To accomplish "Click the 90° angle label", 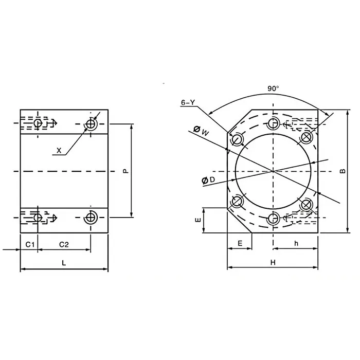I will pyautogui.click(x=273, y=88).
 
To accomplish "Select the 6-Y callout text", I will pyautogui.click(x=188, y=103).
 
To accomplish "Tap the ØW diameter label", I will pyautogui.click(x=202, y=131).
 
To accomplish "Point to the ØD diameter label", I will pyautogui.click(x=208, y=179).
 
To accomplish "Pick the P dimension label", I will pyautogui.click(x=125, y=171).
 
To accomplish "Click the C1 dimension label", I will pyautogui.click(x=29, y=243).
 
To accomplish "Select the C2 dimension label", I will pyautogui.click(x=64, y=243).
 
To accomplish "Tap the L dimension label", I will pyautogui.click(x=64, y=262).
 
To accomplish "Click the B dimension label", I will pyautogui.click(x=343, y=171).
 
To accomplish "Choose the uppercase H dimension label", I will pyautogui.click(x=273, y=262).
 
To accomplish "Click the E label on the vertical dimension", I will pyautogui.click(x=197, y=220).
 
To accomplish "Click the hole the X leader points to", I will pyautogui.click(x=91, y=124).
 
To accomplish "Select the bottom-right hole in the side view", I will pyautogui.click(x=91, y=218).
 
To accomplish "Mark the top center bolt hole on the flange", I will pyautogui.click(x=273, y=123).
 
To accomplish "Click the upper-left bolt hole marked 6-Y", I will pyautogui.click(x=237, y=139).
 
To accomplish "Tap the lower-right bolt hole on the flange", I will pyautogui.click(x=307, y=205).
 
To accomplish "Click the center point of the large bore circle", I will pyautogui.click(x=273, y=171).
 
